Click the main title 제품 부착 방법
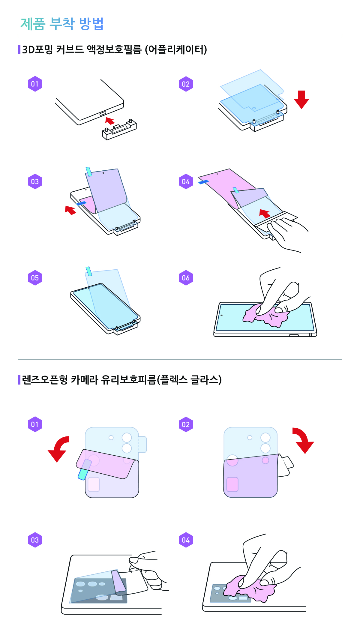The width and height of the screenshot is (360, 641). [62, 24]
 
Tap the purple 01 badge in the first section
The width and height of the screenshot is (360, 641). [35, 84]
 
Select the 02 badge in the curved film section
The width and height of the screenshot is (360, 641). [186, 84]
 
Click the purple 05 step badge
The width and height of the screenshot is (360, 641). [35, 278]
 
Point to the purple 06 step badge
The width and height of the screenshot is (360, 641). [186, 278]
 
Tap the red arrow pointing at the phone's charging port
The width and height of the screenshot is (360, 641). [110, 121]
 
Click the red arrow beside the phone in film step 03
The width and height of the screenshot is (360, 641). [70, 210]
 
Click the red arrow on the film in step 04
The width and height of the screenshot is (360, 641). [265, 213]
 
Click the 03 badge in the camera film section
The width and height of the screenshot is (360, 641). [35, 540]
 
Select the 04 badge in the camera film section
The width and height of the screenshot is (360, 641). [186, 540]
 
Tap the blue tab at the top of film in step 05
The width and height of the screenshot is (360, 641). [89, 271]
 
